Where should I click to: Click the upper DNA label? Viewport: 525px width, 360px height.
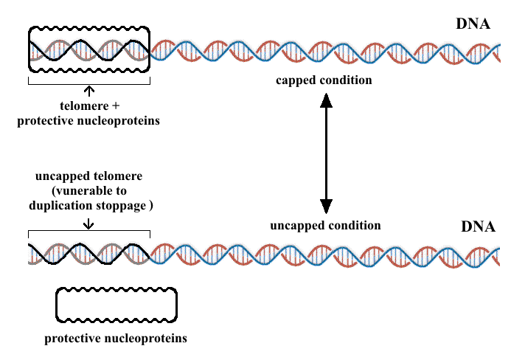click(x=473, y=24)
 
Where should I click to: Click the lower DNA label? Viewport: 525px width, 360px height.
click(x=478, y=226)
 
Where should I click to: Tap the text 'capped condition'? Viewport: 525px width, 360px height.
click(x=325, y=80)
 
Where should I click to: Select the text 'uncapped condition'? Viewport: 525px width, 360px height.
click(x=325, y=225)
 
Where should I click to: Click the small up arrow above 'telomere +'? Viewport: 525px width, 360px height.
click(x=89, y=91)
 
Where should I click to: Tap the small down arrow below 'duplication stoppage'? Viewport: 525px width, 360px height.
click(x=89, y=221)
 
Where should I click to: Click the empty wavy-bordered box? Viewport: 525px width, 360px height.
click(x=117, y=305)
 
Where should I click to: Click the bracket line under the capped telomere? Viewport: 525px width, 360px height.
click(x=88, y=84)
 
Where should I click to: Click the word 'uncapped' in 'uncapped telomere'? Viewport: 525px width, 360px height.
click(x=62, y=178)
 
